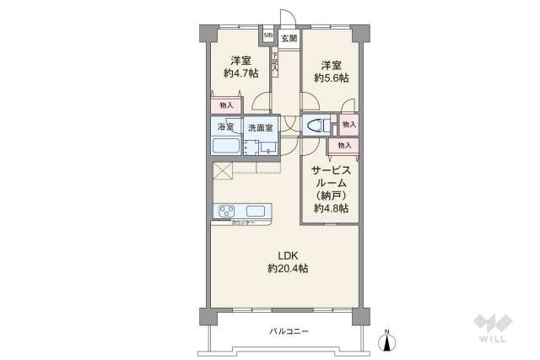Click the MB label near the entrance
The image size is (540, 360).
point(267,36)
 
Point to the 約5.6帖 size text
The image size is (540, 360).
point(332,78)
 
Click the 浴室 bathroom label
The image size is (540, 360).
point(225,126)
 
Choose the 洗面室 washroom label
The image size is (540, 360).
point(260,127)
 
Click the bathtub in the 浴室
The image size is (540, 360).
point(225,146)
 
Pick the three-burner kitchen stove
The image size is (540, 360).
point(229,211)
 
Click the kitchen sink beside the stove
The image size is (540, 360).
point(256,211)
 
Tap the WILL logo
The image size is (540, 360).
point(495,329)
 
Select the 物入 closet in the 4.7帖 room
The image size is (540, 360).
point(225,105)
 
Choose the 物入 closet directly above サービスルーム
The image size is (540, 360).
point(343,146)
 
